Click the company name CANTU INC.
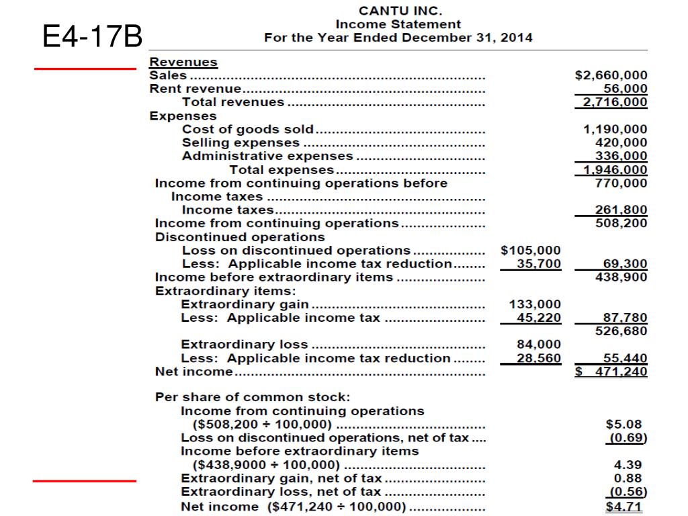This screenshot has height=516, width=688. tap(400, 10)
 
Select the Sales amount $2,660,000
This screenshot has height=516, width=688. tap(611, 75)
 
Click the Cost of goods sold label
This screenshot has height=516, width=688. tap(248, 129)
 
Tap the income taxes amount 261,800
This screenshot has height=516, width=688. tap(621, 210)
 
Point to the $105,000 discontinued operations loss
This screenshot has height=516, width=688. tap(531, 250)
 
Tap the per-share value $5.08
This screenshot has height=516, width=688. tap(624, 424)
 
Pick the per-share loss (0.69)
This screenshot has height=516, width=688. tap(624, 438)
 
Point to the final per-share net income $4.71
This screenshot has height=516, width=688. tap(624, 506)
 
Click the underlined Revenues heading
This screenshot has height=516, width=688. tap(183, 62)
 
